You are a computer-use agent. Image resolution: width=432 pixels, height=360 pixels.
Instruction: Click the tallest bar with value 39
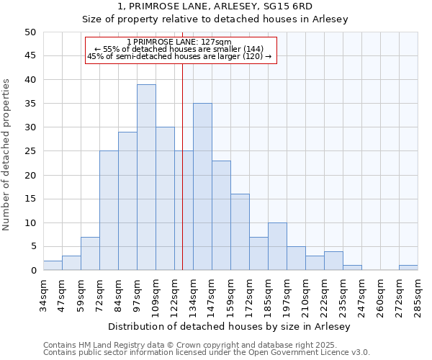[x=146, y=177]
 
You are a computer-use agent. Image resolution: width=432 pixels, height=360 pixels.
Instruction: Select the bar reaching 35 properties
[x=202, y=186]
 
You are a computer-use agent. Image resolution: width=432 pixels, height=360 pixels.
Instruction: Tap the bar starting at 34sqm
[x=53, y=265]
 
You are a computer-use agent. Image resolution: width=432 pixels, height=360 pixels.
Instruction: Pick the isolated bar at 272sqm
[x=408, y=268]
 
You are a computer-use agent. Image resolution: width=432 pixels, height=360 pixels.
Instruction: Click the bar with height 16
[x=240, y=232]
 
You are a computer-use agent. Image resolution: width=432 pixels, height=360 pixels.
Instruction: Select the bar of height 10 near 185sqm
[x=277, y=246]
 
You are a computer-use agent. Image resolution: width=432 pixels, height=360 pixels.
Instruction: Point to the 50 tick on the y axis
[x=30, y=32]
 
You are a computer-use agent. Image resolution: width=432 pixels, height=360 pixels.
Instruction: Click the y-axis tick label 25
[x=30, y=151]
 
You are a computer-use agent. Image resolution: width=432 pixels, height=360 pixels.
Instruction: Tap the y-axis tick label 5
[x=33, y=247]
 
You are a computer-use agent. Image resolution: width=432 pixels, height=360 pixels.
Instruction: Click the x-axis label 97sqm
[x=137, y=295]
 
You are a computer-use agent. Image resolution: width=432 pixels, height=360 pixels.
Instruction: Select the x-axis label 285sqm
[x=418, y=295]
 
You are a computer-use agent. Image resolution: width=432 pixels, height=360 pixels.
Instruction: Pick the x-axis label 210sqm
[x=305, y=295]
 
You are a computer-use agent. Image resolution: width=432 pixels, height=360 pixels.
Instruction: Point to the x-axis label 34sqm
[x=43, y=295]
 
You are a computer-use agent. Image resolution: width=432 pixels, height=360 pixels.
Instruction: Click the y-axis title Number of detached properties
[x=7, y=155]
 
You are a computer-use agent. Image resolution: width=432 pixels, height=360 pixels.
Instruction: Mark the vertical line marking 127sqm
[x=182, y=180]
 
